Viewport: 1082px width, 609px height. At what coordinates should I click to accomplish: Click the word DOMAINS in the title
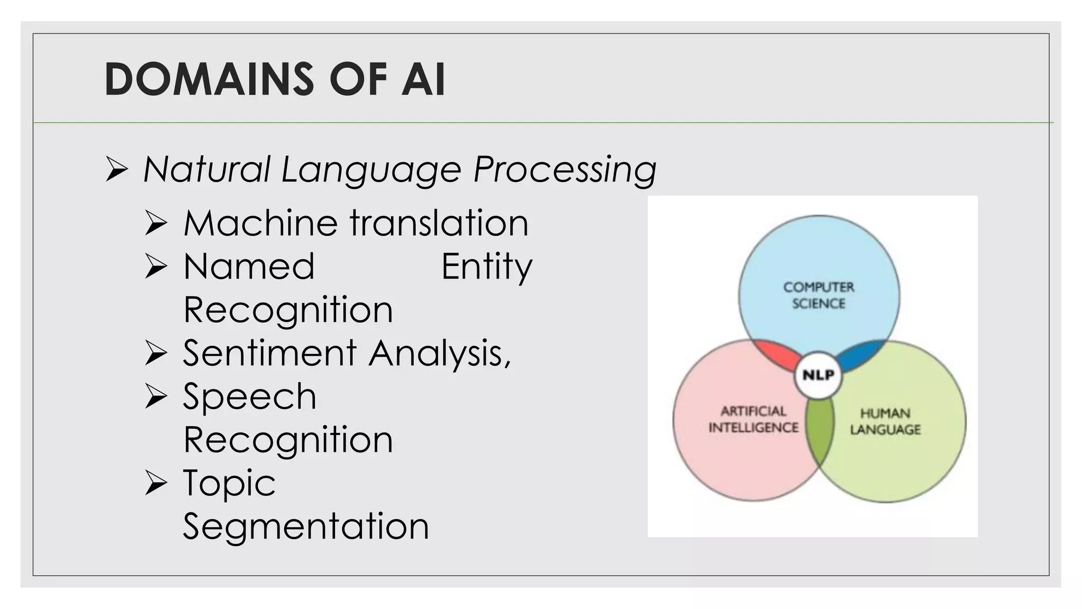[x=209, y=79]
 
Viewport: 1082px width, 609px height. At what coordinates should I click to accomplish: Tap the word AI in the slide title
[x=423, y=79]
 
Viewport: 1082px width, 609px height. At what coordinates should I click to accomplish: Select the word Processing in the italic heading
[x=565, y=170]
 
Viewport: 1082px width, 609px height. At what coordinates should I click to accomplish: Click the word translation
[x=439, y=223]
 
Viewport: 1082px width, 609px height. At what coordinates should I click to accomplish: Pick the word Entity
[x=487, y=267]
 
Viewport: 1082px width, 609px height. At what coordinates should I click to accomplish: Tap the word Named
[x=249, y=266]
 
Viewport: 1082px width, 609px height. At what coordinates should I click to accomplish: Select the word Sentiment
[x=270, y=353]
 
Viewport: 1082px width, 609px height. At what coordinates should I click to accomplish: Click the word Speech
[x=249, y=396]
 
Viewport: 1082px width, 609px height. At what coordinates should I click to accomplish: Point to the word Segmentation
[x=306, y=527]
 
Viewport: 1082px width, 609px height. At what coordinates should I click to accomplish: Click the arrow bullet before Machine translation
[x=156, y=223]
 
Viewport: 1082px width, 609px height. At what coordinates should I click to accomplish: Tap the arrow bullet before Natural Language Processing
[x=116, y=170]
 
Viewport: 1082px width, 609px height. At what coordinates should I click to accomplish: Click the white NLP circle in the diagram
[x=818, y=375]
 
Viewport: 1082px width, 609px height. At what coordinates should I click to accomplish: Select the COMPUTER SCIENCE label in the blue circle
[x=818, y=295]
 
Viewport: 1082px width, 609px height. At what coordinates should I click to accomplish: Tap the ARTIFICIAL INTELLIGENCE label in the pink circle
[x=753, y=419]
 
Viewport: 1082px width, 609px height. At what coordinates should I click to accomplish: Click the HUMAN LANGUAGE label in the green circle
[x=885, y=421]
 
